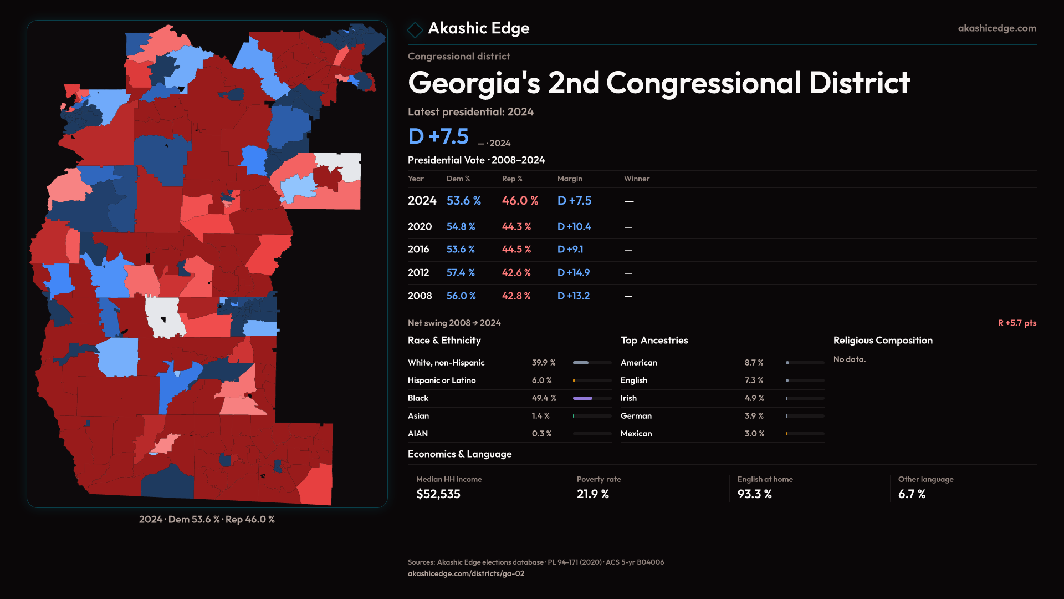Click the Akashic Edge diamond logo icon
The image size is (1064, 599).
point(415,29)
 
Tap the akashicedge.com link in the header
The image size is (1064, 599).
point(996,28)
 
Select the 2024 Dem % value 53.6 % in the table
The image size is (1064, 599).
point(463,201)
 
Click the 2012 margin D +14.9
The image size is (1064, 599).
point(573,273)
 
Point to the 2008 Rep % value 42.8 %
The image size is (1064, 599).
point(516,296)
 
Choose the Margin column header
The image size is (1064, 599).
point(570,179)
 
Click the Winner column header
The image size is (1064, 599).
point(636,179)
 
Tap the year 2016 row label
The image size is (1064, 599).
point(418,250)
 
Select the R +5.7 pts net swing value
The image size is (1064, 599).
point(1017,323)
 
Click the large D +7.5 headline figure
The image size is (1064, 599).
point(438,136)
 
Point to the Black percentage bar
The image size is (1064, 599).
point(592,398)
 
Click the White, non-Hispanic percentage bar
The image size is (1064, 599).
point(592,363)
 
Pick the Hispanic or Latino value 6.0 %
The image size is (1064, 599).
point(541,380)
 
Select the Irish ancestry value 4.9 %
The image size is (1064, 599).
point(754,398)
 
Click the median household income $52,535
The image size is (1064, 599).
point(438,494)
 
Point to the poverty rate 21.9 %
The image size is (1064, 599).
point(592,494)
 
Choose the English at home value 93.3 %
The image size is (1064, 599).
point(754,494)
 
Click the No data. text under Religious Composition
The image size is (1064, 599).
point(849,359)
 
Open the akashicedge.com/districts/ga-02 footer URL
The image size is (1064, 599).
point(466,573)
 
